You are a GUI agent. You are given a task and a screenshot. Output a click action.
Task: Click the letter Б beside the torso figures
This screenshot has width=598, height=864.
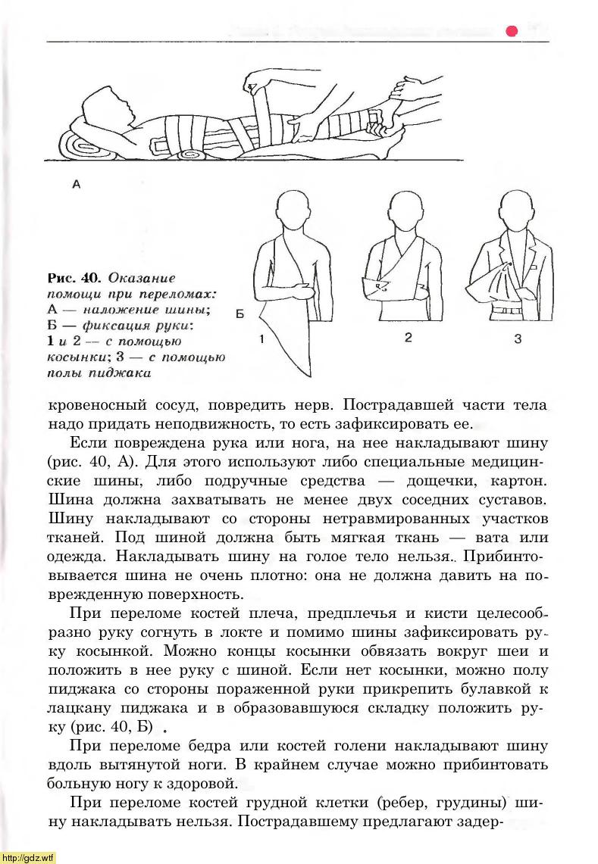point(240,313)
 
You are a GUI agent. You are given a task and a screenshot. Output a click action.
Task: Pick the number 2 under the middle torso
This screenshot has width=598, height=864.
point(408,338)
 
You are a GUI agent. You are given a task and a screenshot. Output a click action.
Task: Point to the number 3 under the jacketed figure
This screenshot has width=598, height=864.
point(518,339)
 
